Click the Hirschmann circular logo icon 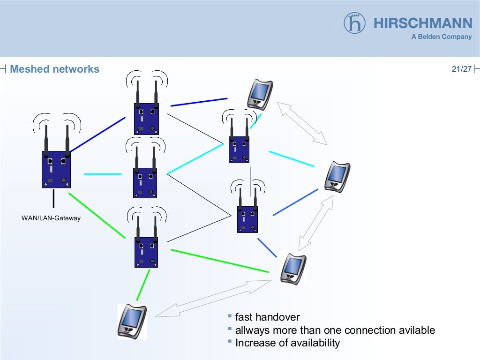coord(354,23)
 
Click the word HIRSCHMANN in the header coord(423,23)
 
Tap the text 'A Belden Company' coord(442,37)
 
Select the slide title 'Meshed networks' coord(54,69)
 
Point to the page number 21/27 coord(461,69)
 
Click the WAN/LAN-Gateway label coord(51,218)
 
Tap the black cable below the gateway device coord(53,198)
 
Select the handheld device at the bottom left coord(132,321)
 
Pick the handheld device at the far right coord(337,177)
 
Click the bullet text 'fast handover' coord(267,317)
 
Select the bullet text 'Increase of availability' coord(287,343)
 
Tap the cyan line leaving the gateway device coord(102,174)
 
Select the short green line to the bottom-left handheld coord(143,285)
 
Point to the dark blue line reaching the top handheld coord(199,102)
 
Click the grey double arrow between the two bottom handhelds coord(213,299)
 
